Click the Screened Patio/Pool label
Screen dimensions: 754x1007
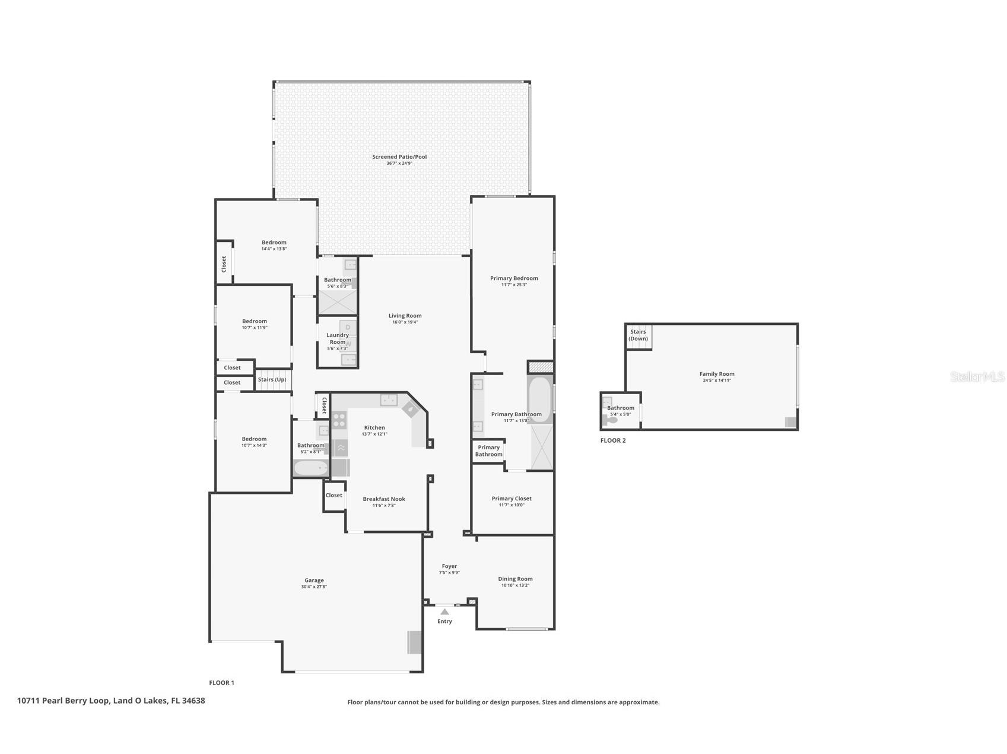pyautogui.click(x=399, y=156)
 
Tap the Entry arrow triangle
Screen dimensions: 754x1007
pyautogui.click(x=444, y=612)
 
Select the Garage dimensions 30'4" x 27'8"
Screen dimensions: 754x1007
pyautogui.click(x=314, y=587)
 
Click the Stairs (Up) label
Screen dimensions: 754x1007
pyautogui.click(x=272, y=379)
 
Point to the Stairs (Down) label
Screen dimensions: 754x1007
pyautogui.click(x=638, y=335)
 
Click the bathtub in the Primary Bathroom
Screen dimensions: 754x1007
pyautogui.click(x=539, y=399)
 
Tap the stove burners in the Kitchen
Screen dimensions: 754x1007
pyautogui.click(x=339, y=420)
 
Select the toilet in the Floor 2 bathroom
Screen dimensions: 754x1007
pyautogui.click(x=611, y=420)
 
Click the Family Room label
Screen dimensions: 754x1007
pyautogui.click(x=717, y=373)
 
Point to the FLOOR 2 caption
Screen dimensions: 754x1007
pyautogui.click(x=613, y=440)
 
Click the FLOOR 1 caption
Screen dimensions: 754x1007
pyautogui.click(x=221, y=683)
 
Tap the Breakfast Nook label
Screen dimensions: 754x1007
pyautogui.click(x=384, y=499)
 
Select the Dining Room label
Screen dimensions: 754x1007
pyautogui.click(x=515, y=579)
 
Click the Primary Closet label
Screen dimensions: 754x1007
pyautogui.click(x=512, y=499)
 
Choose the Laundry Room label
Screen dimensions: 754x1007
pyautogui.click(x=338, y=338)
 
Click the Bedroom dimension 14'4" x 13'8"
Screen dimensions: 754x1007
pyautogui.click(x=274, y=249)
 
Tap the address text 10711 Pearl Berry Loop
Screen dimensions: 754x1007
pyautogui.click(x=63, y=701)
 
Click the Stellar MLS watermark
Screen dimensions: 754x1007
pyautogui.click(x=977, y=377)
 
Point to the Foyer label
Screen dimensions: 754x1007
pyautogui.click(x=449, y=566)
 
